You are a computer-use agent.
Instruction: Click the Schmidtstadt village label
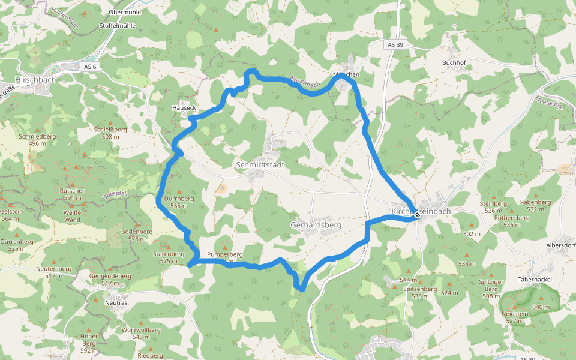coord(260,164)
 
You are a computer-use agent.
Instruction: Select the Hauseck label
coord(184,108)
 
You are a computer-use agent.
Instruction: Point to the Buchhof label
coord(454,62)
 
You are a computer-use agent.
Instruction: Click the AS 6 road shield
coord(91,66)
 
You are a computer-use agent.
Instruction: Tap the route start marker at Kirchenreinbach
coord(418,214)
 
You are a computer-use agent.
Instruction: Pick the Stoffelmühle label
coord(117,26)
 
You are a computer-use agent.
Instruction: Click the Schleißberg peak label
coord(110,129)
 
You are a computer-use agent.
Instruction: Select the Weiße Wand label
coord(72,216)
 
